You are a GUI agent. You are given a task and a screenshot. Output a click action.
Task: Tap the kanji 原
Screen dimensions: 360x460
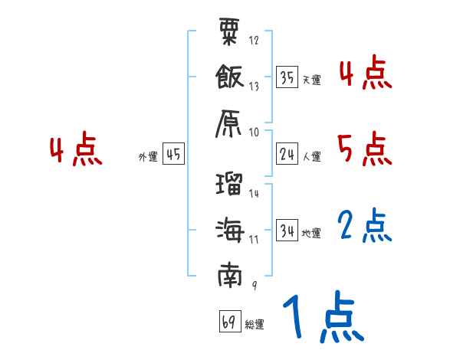coord(230,121)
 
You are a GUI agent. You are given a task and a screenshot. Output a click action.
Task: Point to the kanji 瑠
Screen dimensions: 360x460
coord(230,184)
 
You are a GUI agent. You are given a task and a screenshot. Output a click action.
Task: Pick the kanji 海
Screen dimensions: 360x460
coord(230,229)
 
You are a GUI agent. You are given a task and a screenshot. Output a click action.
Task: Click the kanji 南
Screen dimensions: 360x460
coord(230,274)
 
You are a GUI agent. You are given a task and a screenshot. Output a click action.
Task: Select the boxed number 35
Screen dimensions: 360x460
coord(287,77)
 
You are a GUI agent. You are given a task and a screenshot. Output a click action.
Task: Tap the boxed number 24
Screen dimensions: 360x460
coord(287,154)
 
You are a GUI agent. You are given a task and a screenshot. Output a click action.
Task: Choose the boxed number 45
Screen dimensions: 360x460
coord(173,154)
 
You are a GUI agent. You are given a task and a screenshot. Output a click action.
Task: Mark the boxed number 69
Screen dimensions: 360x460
coord(229,322)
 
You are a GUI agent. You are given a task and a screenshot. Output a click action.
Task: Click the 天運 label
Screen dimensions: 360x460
coord(311,80)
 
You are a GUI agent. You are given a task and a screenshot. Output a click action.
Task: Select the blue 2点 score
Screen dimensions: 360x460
coord(365,226)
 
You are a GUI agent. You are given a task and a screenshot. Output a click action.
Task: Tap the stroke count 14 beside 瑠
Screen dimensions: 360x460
coord(255,194)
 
